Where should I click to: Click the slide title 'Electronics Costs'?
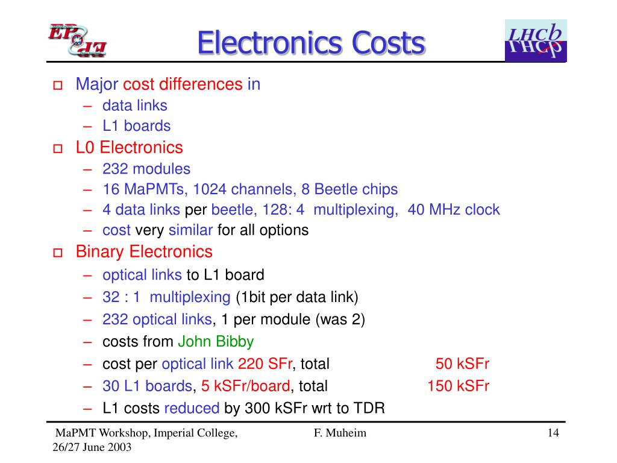(311, 43)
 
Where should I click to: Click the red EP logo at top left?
(77, 41)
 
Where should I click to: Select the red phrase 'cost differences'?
(183, 84)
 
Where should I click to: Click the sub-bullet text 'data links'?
(135, 106)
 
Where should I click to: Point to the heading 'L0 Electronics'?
(129, 148)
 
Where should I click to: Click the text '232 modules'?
(146, 169)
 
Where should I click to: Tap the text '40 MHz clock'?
(454, 210)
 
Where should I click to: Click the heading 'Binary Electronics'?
(144, 251)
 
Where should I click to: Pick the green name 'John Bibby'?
(216, 342)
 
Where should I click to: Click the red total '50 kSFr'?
(462, 364)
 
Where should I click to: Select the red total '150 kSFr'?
(458, 386)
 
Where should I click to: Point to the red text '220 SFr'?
(265, 364)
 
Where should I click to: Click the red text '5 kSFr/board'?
(246, 386)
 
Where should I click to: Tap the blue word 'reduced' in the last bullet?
(192, 408)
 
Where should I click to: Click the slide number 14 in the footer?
(554, 433)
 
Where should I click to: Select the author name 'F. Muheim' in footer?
(340, 433)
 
